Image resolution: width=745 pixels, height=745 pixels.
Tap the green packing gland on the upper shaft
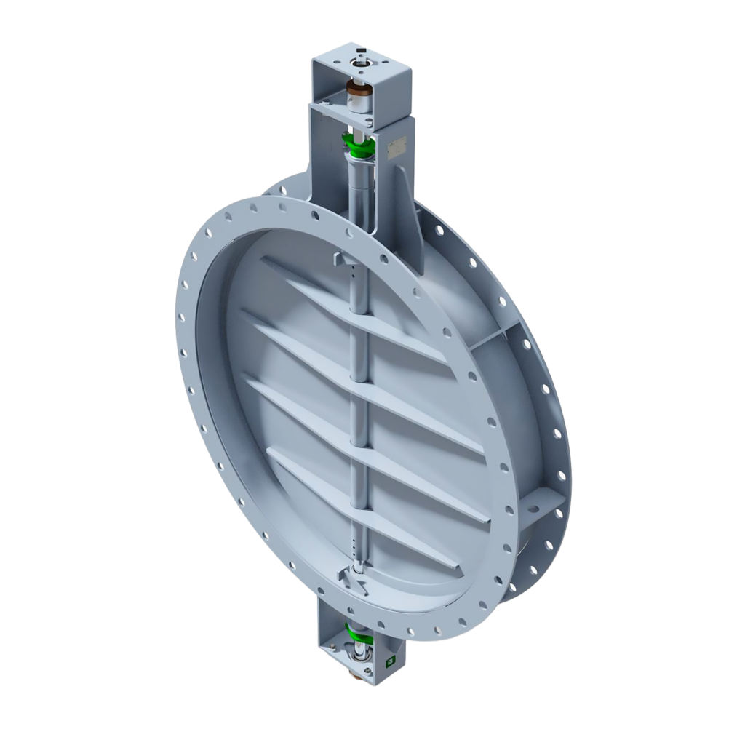coord(359,146)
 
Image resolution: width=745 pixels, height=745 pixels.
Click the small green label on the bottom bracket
coord(390,661)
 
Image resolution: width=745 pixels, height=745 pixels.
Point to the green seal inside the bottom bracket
coord(358,631)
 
